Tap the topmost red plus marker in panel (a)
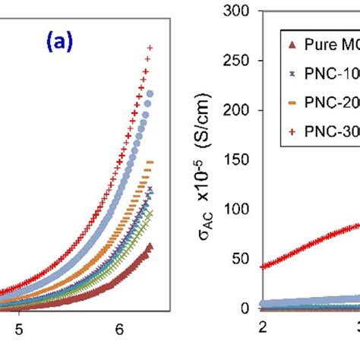click(150, 48)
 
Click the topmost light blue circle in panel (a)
click(150, 94)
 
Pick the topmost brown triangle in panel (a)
click(150, 246)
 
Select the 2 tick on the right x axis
click(263, 327)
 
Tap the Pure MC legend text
click(326, 44)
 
